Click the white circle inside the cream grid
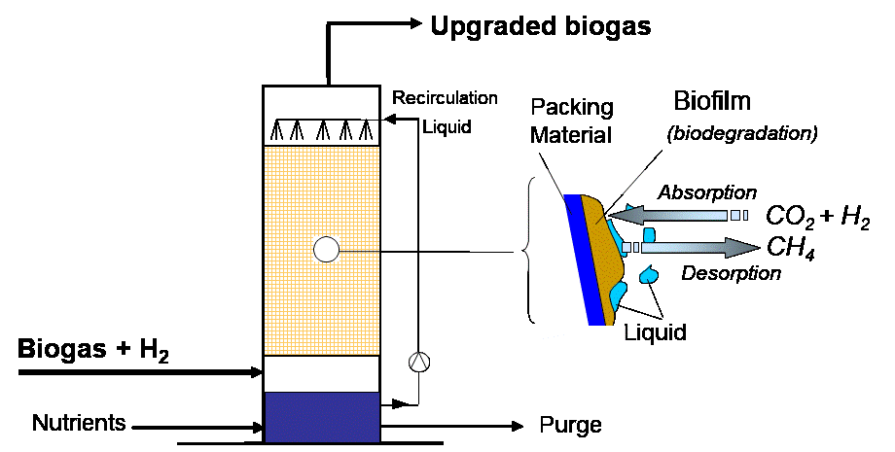(326, 250)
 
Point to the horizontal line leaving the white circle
(359, 251)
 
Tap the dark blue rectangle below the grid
(322, 417)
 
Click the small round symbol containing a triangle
(418, 362)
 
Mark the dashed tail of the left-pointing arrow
(738, 215)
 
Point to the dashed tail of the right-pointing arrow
(630, 248)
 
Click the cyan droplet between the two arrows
(649, 234)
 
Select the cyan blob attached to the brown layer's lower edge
(617, 294)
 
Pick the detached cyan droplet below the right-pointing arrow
(648, 275)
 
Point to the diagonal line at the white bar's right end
(634, 182)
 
